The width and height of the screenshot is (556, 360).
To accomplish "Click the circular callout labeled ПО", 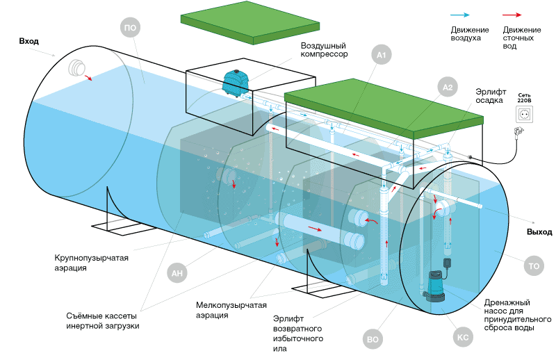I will (130, 28).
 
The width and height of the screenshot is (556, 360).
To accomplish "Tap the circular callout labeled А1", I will (380, 54).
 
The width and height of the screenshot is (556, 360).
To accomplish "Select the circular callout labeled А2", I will (448, 88).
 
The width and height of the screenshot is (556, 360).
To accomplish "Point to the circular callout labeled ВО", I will (371, 340).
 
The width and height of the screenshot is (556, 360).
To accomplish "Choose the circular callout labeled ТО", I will (533, 265).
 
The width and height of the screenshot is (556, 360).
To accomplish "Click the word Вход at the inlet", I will (29, 42).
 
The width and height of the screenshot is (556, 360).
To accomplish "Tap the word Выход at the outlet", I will (539, 231).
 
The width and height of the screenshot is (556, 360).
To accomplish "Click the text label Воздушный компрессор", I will (324, 49).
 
